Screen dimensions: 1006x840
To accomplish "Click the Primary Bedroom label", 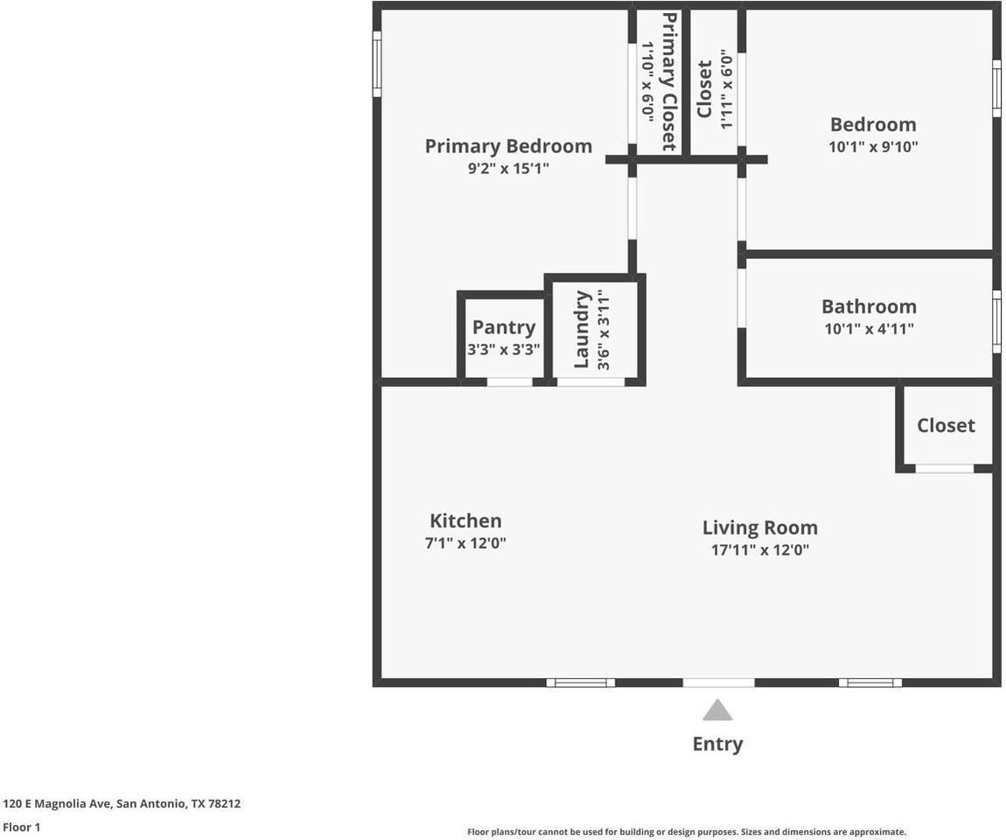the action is click(x=508, y=147).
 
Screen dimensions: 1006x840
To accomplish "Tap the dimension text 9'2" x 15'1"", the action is click(x=508, y=169).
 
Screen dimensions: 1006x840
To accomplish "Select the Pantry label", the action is click(x=504, y=327).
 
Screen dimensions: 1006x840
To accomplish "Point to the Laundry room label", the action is click(x=582, y=329).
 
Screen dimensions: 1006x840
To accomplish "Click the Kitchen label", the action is click(x=465, y=521).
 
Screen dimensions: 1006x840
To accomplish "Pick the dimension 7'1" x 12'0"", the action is click(x=465, y=542).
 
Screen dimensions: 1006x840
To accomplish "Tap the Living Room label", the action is click(x=760, y=528).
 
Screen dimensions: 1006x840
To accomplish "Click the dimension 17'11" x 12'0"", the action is click(x=760, y=550).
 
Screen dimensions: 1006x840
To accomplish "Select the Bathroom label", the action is click(x=870, y=307).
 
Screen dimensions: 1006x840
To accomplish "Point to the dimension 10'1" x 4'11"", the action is click(x=870, y=329).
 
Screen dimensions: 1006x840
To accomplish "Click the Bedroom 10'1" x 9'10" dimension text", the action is click(x=873, y=147).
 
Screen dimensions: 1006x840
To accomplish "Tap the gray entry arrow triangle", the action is click(x=717, y=710).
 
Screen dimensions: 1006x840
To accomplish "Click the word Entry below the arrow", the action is click(x=718, y=744).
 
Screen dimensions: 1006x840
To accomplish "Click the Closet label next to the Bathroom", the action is click(x=947, y=425).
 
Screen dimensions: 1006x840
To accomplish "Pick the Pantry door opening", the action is click(x=509, y=381).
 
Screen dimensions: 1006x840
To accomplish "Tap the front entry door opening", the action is click(x=718, y=682).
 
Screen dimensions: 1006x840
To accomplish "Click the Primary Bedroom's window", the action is click(x=377, y=64).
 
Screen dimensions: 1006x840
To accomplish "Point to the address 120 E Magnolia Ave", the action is click(x=57, y=803).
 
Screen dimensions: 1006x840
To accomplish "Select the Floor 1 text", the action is click(x=22, y=827).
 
